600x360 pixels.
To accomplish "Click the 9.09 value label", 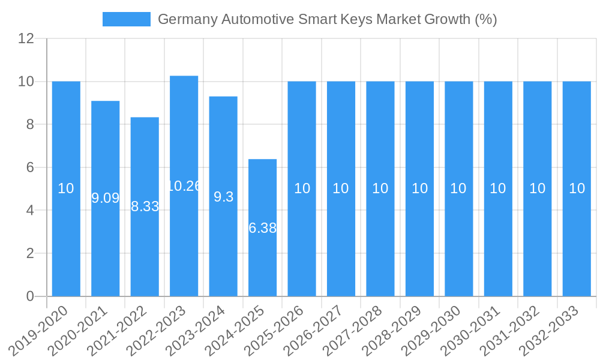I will [x=105, y=198].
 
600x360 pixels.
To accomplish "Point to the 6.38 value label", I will [x=262, y=228].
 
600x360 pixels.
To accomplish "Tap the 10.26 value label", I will [x=184, y=186].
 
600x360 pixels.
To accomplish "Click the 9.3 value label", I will [x=223, y=197].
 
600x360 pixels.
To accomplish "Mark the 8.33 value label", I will [x=145, y=206].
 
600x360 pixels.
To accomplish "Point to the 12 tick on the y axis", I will [x=26, y=38].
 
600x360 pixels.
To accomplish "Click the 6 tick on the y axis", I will [x=30, y=167].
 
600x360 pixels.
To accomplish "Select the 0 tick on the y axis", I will [x=30, y=296].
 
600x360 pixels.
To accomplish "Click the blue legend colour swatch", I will [x=127, y=19].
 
